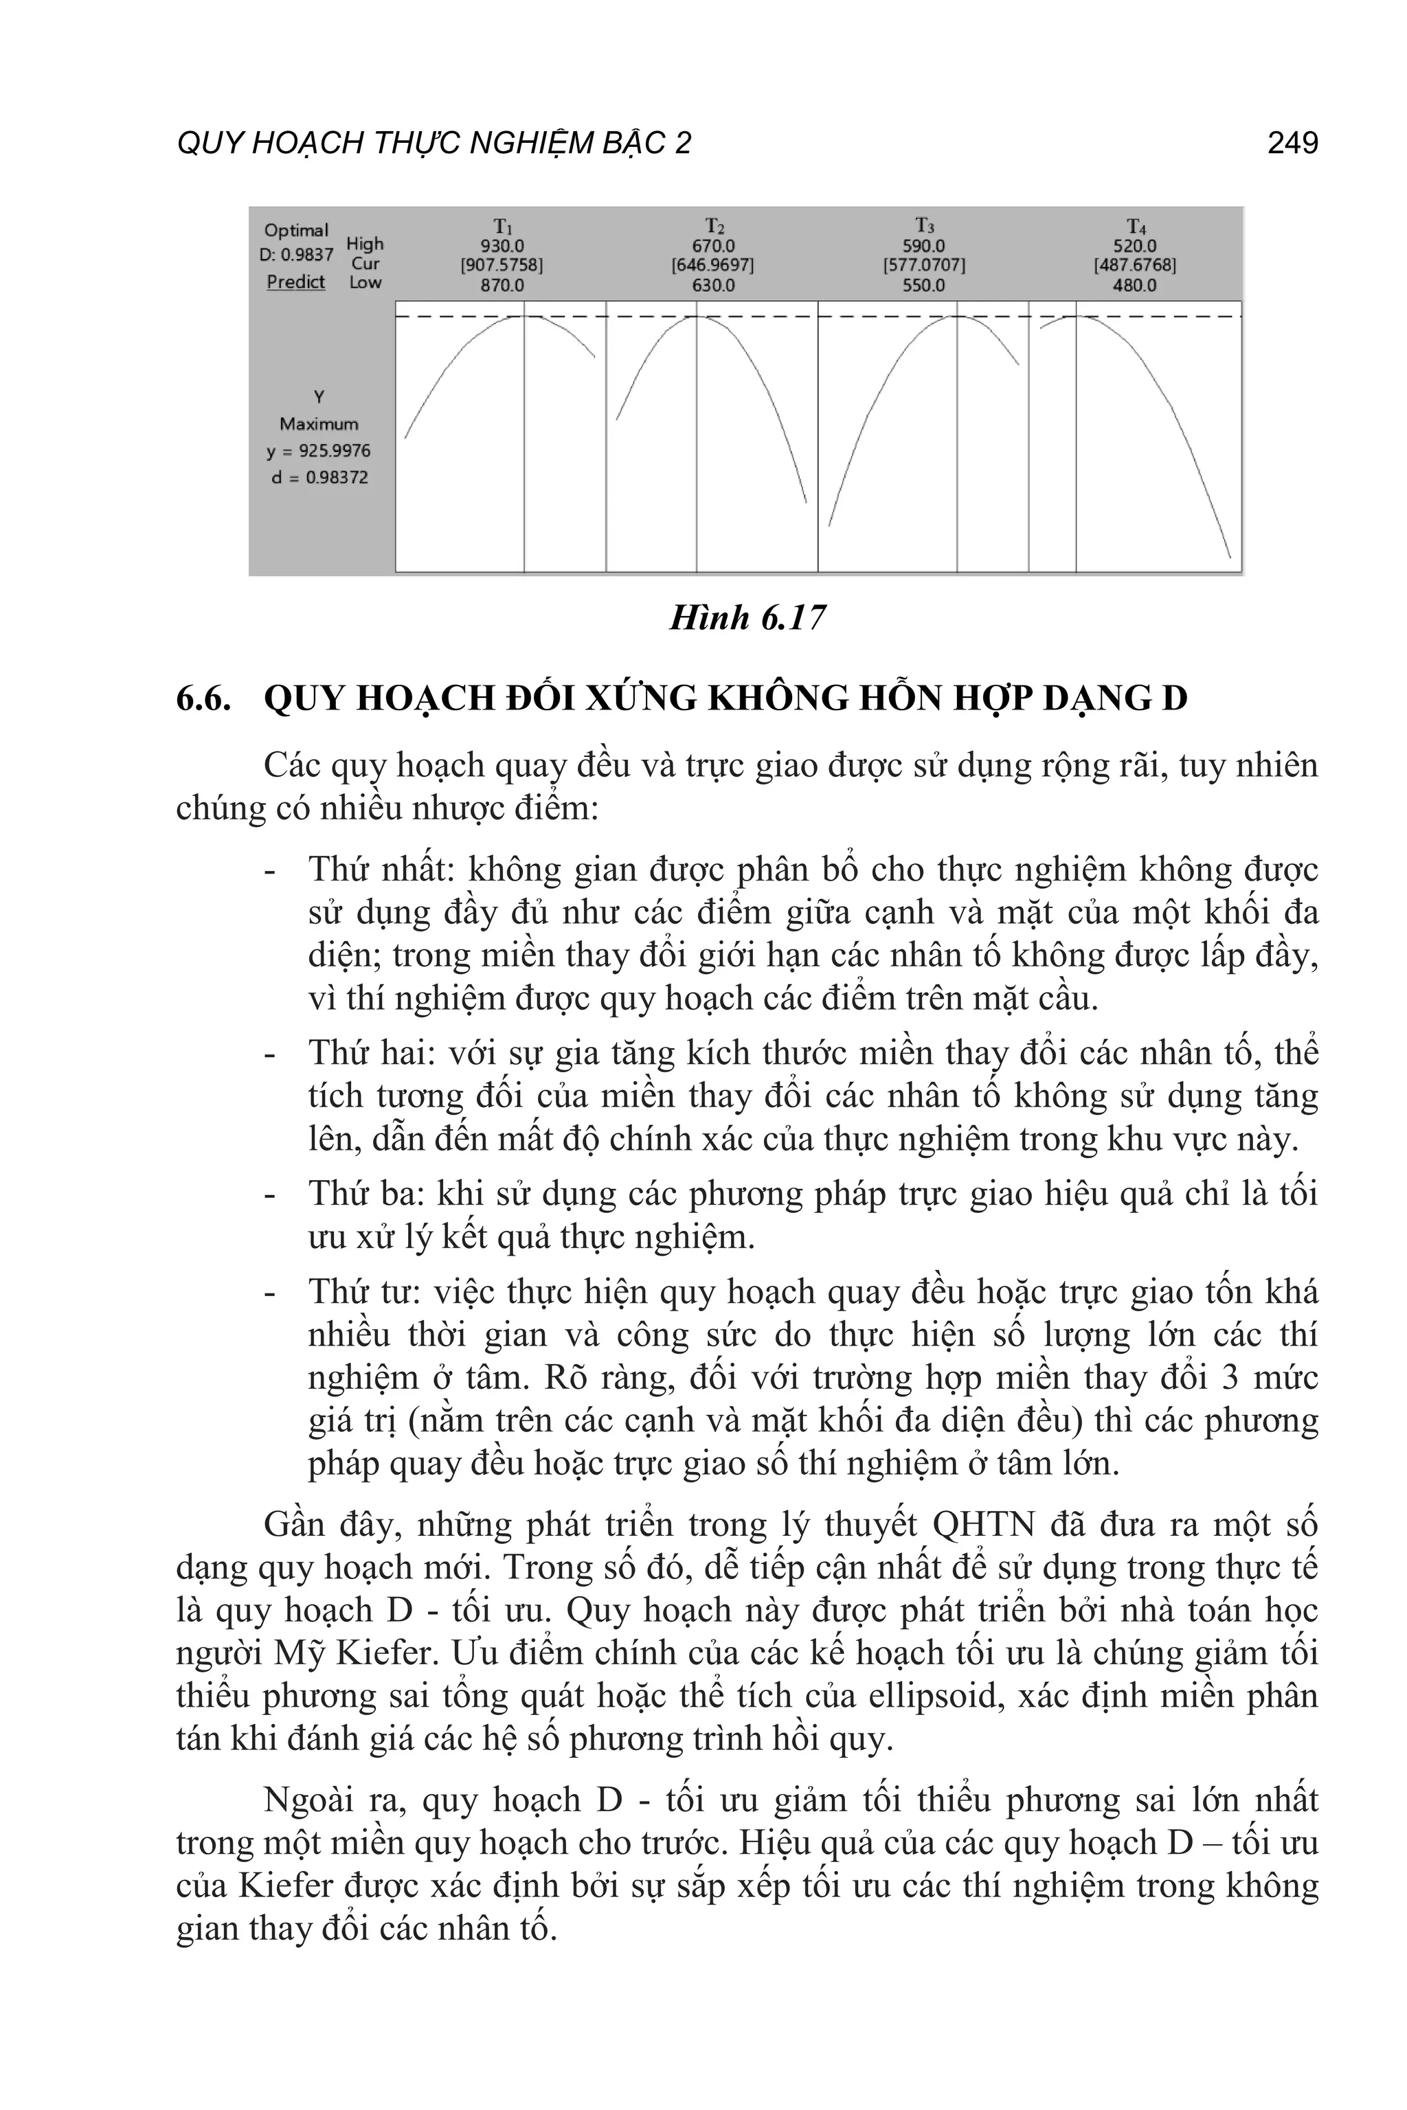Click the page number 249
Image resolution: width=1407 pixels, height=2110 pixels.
(1292, 143)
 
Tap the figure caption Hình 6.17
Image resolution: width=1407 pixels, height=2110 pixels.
(747, 618)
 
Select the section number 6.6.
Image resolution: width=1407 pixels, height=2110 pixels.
(203, 697)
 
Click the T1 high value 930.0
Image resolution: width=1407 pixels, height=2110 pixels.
(502, 246)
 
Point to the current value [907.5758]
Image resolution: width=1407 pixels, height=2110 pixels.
(502, 266)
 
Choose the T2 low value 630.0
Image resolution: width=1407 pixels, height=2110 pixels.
(713, 285)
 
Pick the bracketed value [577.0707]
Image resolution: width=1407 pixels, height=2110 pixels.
(924, 266)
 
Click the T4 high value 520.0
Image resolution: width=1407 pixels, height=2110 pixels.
(1135, 246)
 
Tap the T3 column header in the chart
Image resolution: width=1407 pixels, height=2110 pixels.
(924, 225)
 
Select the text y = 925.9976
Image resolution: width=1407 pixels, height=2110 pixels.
(319, 451)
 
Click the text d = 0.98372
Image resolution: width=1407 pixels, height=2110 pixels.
(319, 477)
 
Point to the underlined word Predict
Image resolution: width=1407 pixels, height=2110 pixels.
(296, 282)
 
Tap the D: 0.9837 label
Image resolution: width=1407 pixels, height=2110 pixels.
(296, 255)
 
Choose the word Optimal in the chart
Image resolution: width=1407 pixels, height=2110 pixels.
(296, 229)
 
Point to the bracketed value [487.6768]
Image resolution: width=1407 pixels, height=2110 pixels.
(1135, 266)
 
